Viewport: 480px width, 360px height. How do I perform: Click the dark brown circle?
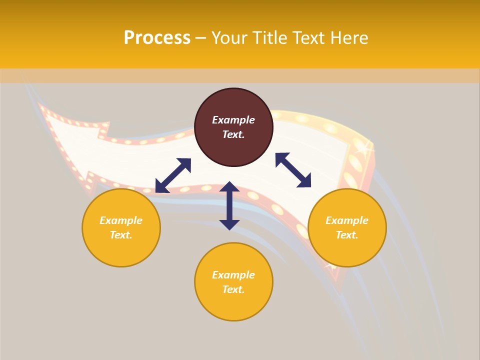(x=233, y=127)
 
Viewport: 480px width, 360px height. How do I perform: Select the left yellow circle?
(x=121, y=227)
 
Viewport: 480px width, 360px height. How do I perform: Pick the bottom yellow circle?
(x=233, y=281)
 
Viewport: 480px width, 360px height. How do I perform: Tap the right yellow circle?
(x=347, y=227)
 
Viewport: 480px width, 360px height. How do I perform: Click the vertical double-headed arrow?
(x=229, y=205)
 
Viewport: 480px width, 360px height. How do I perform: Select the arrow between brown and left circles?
(x=173, y=175)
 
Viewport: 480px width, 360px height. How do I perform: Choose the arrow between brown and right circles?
(x=293, y=170)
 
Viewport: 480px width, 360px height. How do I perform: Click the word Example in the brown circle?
(x=233, y=120)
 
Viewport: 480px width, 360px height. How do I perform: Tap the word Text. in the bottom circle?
(x=233, y=289)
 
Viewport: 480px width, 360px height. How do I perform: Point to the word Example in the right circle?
(x=347, y=220)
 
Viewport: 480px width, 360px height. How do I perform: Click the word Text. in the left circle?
(x=121, y=235)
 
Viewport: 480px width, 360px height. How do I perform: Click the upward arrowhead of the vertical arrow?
(x=229, y=186)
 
